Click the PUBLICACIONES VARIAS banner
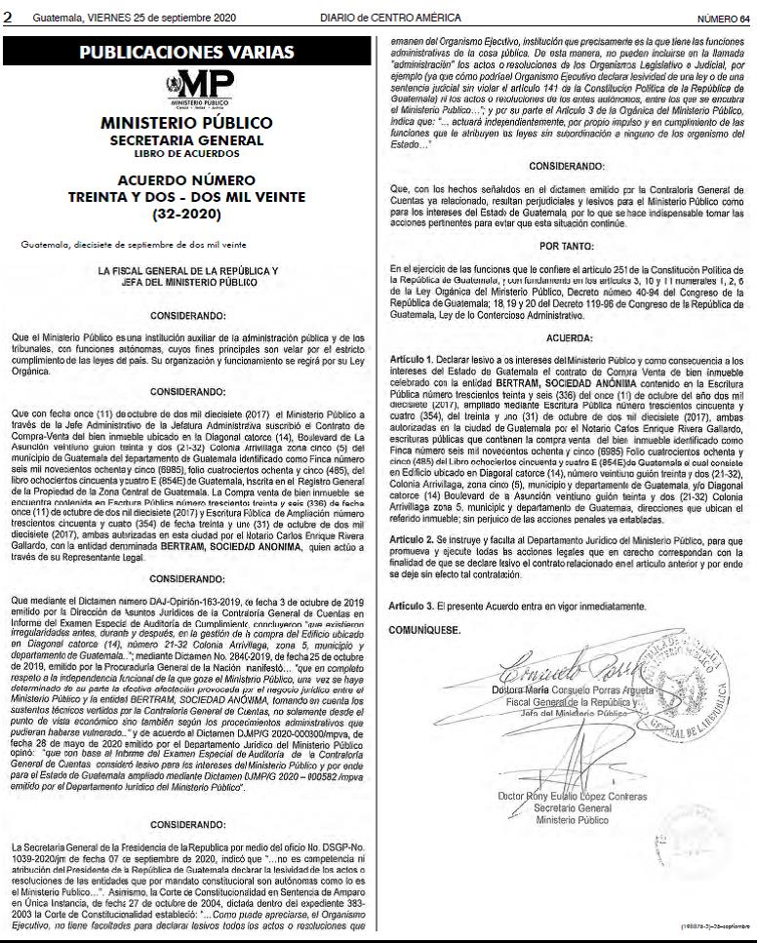tap(187, 52)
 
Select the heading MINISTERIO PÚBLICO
tap(187, 124)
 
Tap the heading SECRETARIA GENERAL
tap(187, 140)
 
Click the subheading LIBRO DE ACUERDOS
tap(187, 153)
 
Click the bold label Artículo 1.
tap(409, 360)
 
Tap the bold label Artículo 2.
tap(409, 539)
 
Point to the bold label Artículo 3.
tap(409, 606)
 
